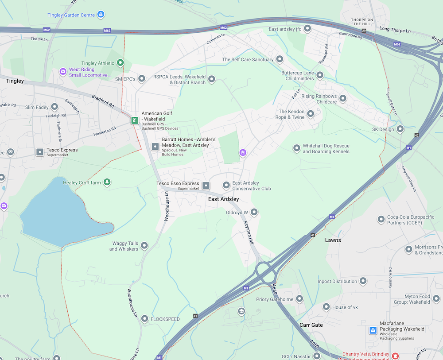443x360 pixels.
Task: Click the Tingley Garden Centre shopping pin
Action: [101, 15]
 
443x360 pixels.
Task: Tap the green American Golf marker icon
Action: [134, 120]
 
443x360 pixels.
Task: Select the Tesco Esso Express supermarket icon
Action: [206, 186]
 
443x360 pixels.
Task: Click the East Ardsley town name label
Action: [223, 199]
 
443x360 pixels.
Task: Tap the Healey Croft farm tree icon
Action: [107, 182]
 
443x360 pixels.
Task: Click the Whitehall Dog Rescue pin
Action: [297, 148]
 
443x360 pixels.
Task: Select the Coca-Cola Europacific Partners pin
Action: [381, 219]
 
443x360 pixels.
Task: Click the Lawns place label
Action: [333, 240]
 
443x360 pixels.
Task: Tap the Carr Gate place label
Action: [311, 325]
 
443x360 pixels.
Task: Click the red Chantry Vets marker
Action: [396, 355]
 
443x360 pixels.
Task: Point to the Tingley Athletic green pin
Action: [120, 63]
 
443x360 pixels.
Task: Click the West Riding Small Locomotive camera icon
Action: [63, 71]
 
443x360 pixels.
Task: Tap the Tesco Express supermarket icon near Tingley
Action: [40, 152]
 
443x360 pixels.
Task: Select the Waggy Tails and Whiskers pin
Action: [144, 245]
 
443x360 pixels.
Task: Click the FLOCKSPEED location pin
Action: [144, 319]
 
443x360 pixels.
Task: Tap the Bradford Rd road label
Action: [103, 101]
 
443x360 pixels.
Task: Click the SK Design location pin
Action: [400, 129]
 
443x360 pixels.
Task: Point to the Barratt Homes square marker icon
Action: [155, 147]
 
